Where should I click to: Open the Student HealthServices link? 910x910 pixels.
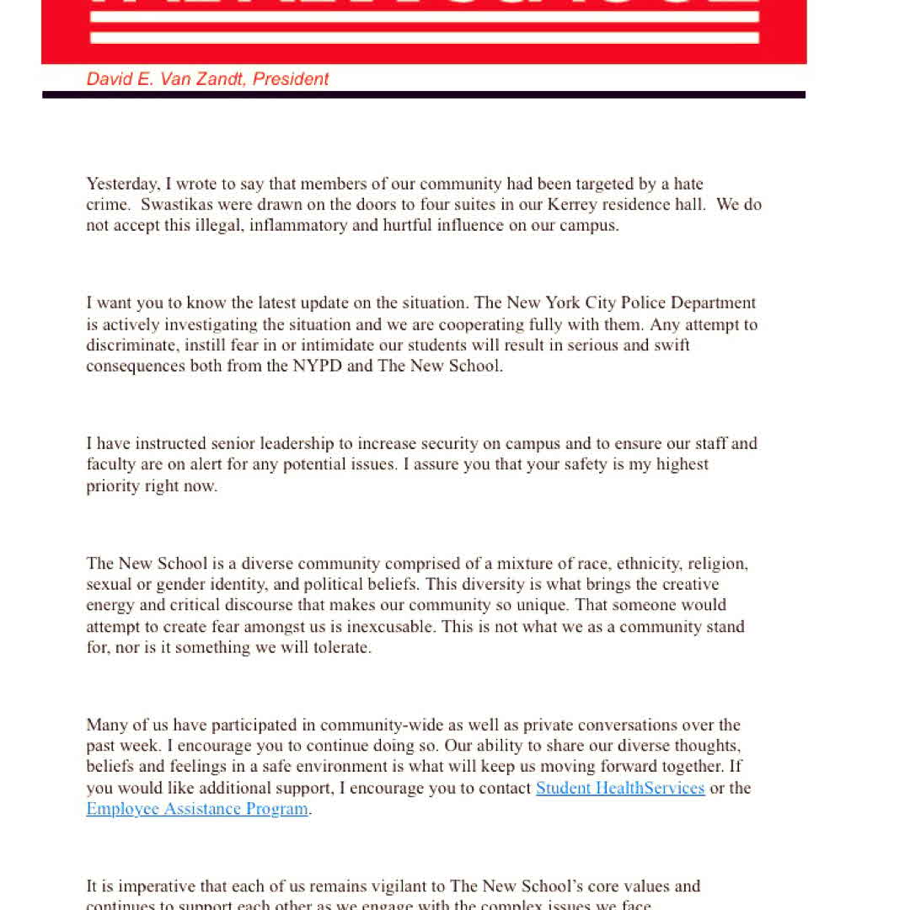coord(620,788)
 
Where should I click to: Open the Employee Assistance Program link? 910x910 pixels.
coord(197,809)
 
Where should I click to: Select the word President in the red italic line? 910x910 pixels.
coord(291,79)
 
